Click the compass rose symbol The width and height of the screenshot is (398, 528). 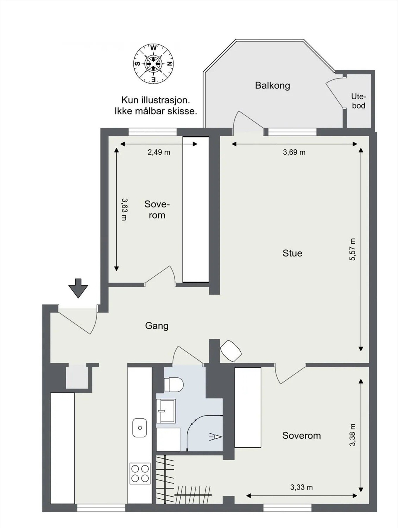click(x=153, y=64)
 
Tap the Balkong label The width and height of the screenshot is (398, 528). click(x=272, y=85)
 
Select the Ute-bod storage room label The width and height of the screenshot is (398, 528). click(x=359, y=101)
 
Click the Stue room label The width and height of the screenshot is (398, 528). click(x=292, y=253)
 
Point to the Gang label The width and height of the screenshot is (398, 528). click(x=157, y=326)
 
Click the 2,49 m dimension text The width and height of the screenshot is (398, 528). click(x=159, y=152)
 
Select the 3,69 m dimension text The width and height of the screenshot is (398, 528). click(x=294, y=152)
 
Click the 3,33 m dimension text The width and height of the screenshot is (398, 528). click(x=301, y=487)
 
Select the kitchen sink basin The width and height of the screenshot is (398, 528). click(x=140, y=427)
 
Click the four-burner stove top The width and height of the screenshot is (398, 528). click(x=140, y=473)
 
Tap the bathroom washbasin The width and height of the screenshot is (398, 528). click(x=166, y=410)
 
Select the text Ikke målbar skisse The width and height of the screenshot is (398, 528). click(x=156, y=111)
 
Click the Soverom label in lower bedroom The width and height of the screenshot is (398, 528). click(x=301, y=435)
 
